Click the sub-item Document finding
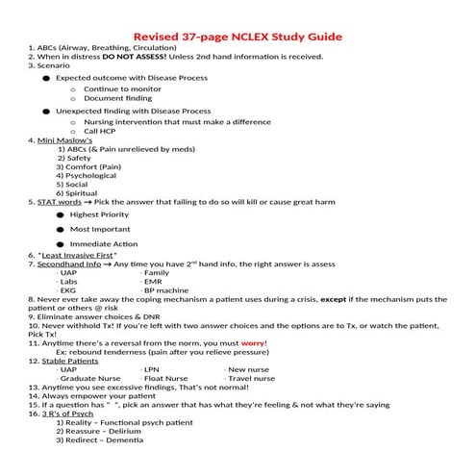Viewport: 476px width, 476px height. [x=117, y=98]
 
